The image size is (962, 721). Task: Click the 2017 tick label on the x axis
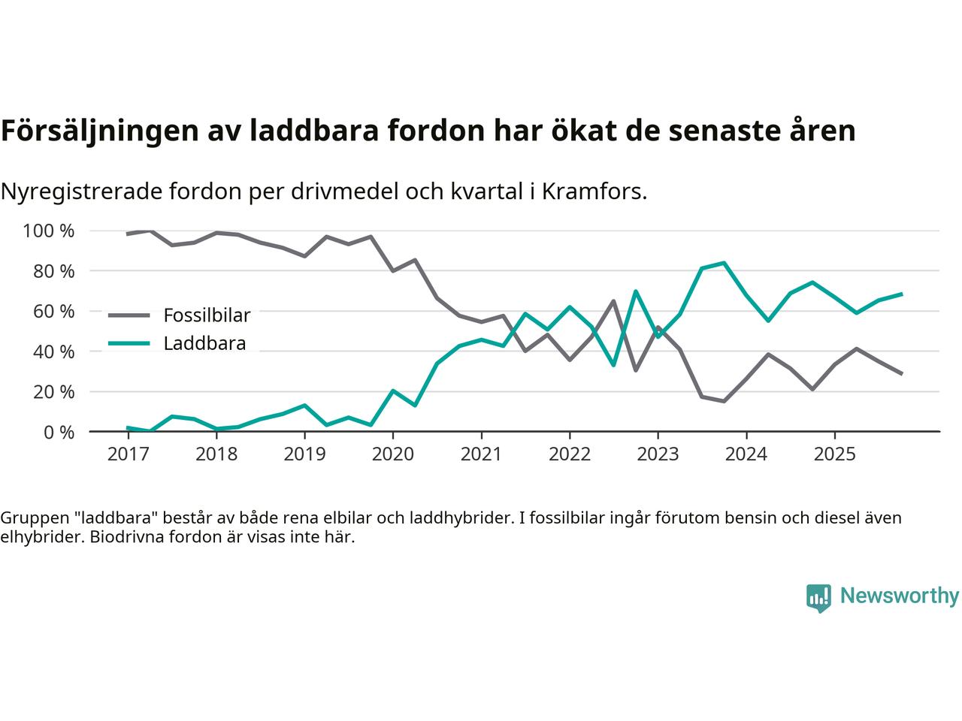click(128, 454)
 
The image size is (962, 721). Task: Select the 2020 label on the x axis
click(393, 454)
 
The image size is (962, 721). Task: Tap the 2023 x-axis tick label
click(658, 454)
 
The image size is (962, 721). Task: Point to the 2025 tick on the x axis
click(834, 454)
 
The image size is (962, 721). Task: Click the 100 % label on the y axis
click(49, 231)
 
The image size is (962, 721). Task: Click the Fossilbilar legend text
click(207, 315)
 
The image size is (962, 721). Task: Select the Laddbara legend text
click(204, 344)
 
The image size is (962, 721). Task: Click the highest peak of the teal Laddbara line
click(724, 263)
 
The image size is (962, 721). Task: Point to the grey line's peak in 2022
click(613, 301)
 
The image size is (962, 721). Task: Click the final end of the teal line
click(901, 294)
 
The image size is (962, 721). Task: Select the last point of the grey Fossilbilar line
click(901, 373)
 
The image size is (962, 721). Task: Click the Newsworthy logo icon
click(818, 598)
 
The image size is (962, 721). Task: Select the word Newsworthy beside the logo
click(899, 596)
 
